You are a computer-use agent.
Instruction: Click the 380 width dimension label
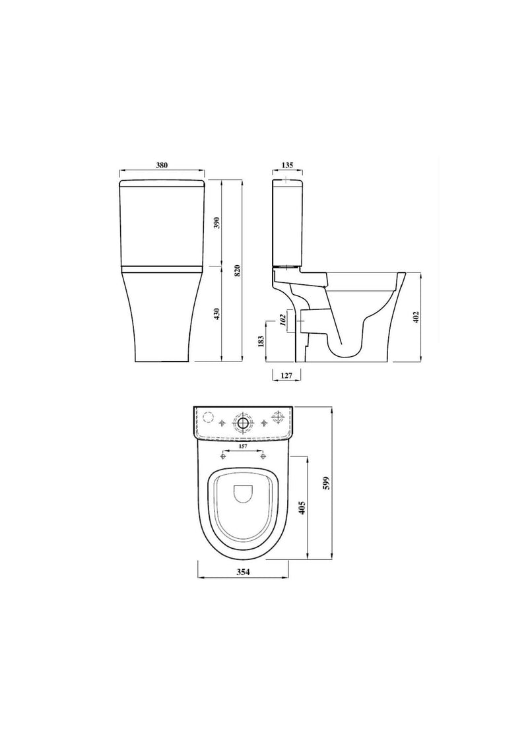point(161,166)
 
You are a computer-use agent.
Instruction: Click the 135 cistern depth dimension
point(286,166)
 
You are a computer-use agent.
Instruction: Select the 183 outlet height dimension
point(261,341)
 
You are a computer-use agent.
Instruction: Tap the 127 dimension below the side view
point(286,375)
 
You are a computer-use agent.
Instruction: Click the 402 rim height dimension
point(416,317)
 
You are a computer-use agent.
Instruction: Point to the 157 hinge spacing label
point(244,447)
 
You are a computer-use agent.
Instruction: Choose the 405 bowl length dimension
point(302,507)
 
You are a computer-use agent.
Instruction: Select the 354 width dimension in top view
point(244,573)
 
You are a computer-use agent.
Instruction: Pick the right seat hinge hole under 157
point(263,456)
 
